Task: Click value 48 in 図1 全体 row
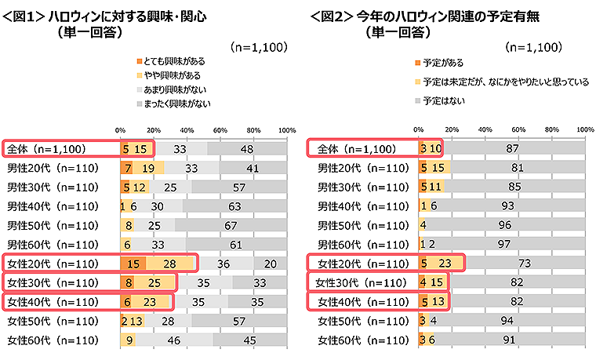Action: (x=247, y=148)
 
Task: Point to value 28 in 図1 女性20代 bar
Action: (x=169, y=263)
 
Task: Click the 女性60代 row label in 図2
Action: (x=362, y=340)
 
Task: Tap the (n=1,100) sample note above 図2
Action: (x=536, y=47)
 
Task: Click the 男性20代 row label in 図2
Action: (x=362, y=168)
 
